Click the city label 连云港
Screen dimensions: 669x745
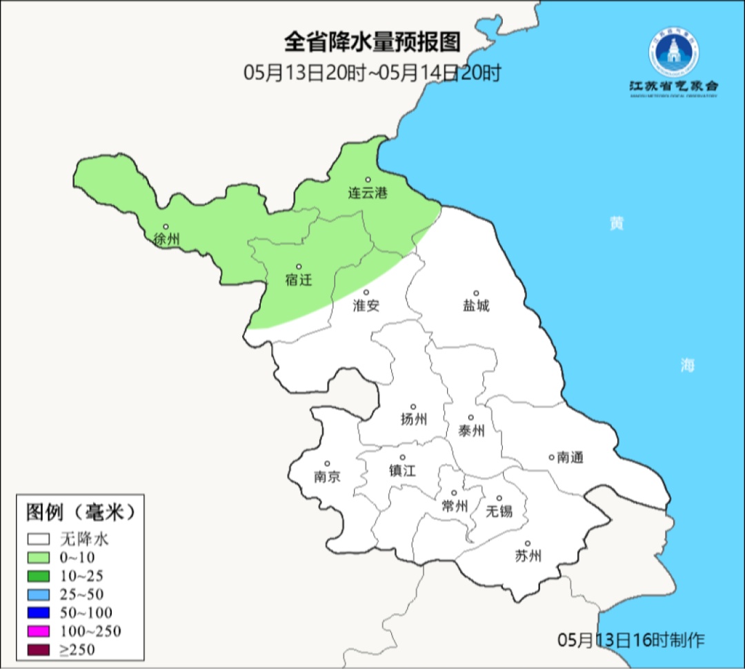click(368, 193)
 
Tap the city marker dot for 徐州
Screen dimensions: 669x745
click(166, 226)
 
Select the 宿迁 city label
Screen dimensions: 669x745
click(299, 280)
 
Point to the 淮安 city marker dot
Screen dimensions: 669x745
click(367, 292)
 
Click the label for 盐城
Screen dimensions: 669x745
click(476, 306)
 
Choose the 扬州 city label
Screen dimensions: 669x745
click(414, 419)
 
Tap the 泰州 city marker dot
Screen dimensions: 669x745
click(471, 418)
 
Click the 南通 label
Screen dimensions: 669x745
click(570, 457)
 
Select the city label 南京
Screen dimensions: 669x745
click(327, 477)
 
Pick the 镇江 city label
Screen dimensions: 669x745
click(402, 471)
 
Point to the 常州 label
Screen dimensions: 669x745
click(455, 507)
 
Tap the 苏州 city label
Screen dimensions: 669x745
click(528, 556)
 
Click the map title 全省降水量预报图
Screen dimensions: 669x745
click(372, 43)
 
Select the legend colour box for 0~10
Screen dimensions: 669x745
click(39, 557)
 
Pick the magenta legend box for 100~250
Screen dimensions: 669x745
click(39, 631)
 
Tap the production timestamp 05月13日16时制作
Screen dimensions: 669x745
click(631, 640)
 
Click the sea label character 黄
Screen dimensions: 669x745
click(617, 224)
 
